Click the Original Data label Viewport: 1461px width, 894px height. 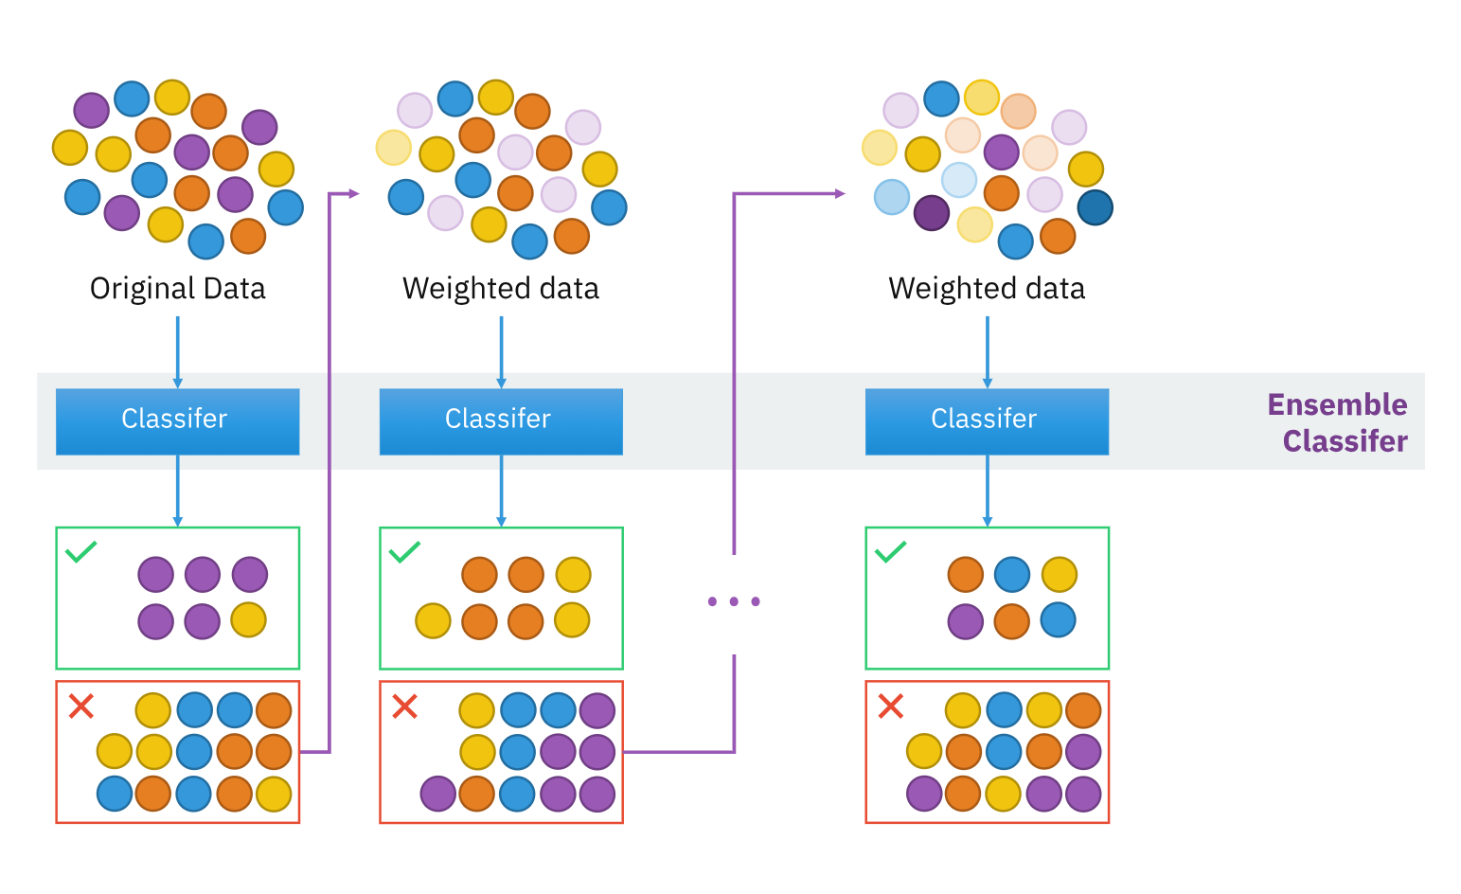point(177,288)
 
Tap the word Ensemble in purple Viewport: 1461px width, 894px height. point(1337,404)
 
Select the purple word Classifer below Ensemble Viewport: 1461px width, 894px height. point(1345,441)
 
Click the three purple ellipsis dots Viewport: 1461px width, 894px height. point(734,601)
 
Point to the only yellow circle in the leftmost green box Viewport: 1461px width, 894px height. point(249,620)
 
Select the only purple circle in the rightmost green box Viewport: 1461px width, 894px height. point(965,621)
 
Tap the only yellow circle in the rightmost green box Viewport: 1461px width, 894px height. point(1059,575)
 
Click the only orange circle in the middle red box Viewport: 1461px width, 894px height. point(477,794)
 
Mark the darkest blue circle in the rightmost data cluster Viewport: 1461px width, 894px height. point(1095,208)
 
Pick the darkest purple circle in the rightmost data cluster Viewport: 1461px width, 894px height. point(932,213)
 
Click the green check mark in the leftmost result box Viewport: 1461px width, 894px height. point(81,551)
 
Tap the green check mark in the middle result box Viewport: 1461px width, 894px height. point(405,551)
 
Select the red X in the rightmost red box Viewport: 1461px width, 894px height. point(891,706)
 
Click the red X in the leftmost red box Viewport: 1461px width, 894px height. point(81,706)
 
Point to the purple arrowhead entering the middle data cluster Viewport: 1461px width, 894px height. point(354,194)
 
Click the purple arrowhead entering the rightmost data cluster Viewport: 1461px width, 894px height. point(840,194)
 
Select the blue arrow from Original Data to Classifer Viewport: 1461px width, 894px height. point(177,350)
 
